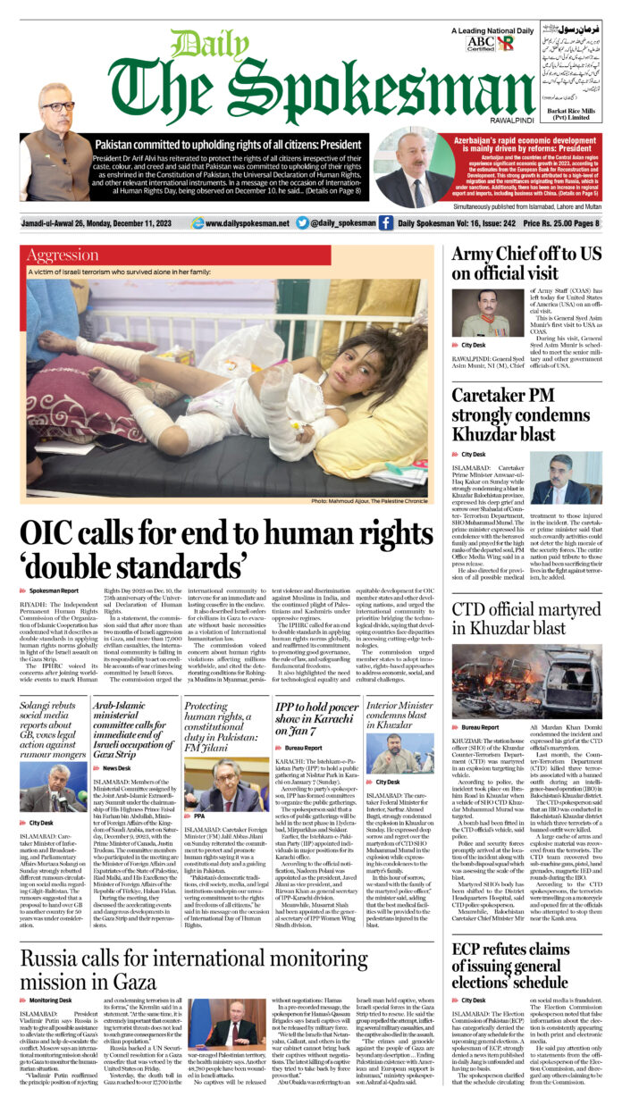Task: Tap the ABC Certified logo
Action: tap(480, 43)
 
